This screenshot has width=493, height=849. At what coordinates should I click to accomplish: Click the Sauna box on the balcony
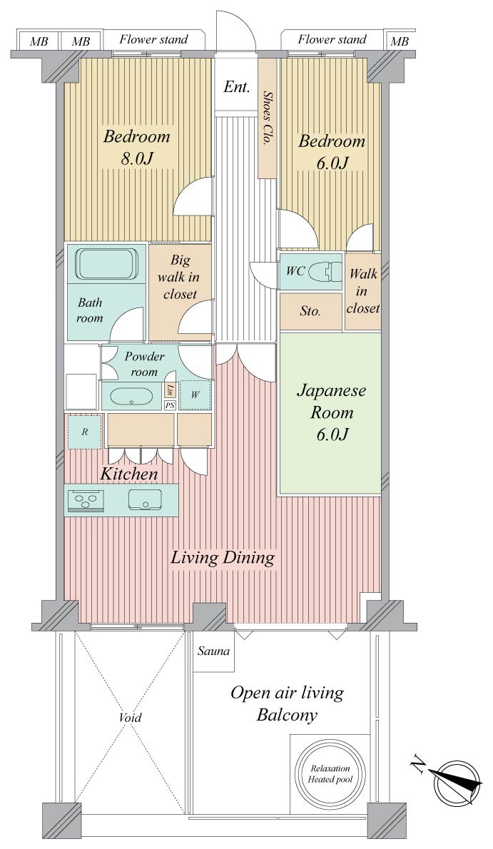tap(213, 651)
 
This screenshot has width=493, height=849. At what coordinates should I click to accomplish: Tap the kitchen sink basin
tap(146, 499)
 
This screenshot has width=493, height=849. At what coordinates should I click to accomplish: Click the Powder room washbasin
tap(132, 397)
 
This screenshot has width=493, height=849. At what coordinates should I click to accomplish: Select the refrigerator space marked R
tap(84, 432)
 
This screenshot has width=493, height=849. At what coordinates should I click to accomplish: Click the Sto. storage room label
tap(310, 311)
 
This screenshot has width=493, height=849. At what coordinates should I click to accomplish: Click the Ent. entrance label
tap(237, 86)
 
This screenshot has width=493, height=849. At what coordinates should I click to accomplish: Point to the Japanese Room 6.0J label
tap(332, 412)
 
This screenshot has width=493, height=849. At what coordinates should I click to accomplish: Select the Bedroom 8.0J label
tap(136, 147)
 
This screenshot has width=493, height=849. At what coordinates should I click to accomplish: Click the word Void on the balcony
tap(130, 718)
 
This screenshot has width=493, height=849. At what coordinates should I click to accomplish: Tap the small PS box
tap(170, 405)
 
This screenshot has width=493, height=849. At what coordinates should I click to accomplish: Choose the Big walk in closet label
tap(181, 277)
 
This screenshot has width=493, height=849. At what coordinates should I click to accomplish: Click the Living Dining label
tap(223, 558)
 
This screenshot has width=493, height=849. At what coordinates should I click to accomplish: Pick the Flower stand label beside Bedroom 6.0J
tap(332, 39)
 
